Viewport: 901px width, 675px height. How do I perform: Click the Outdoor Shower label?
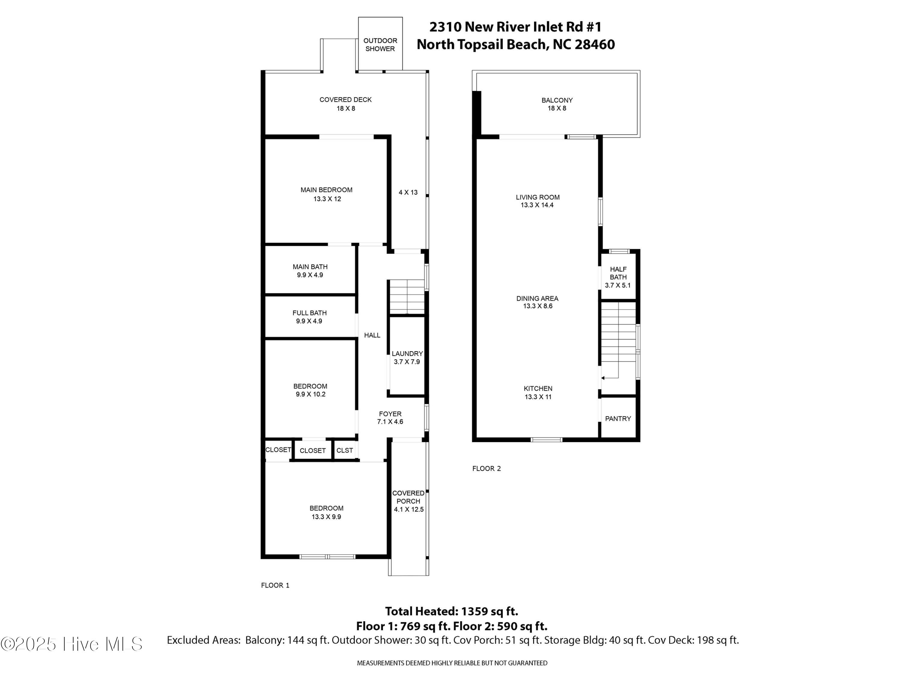[x=380, y=45]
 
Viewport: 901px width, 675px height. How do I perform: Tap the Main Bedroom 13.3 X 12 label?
[x=327, y=194]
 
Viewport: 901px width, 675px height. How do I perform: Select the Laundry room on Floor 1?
[x=407, y=357]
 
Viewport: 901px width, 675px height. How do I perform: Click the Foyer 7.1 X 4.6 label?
[x=390, y=418]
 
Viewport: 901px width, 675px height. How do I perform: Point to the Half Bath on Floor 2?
[x=618, y=277]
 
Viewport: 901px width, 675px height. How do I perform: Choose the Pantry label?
[x=618, y=418]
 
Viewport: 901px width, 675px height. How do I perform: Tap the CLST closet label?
[x=344, y=450]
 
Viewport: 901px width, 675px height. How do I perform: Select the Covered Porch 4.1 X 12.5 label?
[x=408, y=501]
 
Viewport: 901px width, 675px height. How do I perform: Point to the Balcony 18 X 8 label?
[x=557, y=104]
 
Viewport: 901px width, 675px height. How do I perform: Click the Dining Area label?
[x=537, y=302]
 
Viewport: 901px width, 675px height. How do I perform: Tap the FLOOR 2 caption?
[x=486, y=468]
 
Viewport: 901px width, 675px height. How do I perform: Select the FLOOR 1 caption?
[x=275, y=585]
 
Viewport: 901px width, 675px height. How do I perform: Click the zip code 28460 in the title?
[x=594, y=44]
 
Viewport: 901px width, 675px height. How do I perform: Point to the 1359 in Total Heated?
[x=477, y=611]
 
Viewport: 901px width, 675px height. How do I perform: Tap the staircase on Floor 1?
[x=407, y=297]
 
